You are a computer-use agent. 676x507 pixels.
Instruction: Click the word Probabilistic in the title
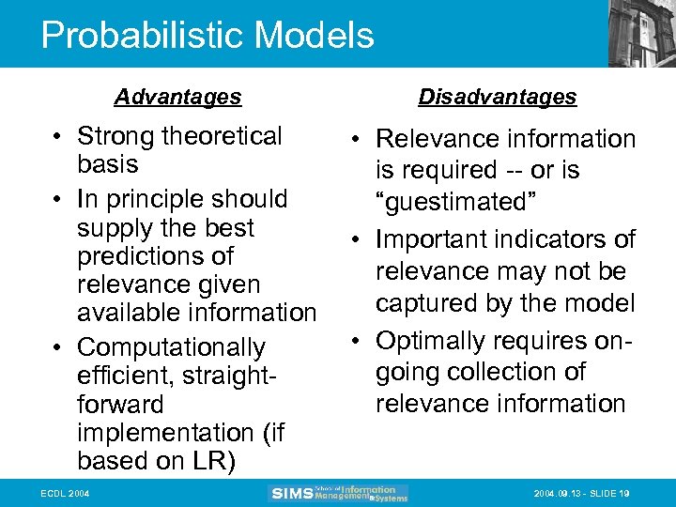point(137,36)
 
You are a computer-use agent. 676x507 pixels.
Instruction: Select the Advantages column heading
point(177,97)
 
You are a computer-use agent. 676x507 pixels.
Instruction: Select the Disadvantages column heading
point(498,97)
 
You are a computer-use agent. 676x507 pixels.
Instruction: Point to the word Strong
point(115,137)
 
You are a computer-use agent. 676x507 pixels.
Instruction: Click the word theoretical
point(222,137)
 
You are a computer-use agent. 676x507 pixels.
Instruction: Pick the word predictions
point(155,256)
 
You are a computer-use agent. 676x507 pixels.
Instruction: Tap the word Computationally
point(171,348)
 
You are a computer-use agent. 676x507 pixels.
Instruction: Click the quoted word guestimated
point(450,203)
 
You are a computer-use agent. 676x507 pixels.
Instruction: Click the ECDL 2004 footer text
point(65,494)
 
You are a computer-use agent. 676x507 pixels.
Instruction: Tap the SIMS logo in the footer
point(291,494)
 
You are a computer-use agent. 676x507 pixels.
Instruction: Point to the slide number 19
point(623,494)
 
